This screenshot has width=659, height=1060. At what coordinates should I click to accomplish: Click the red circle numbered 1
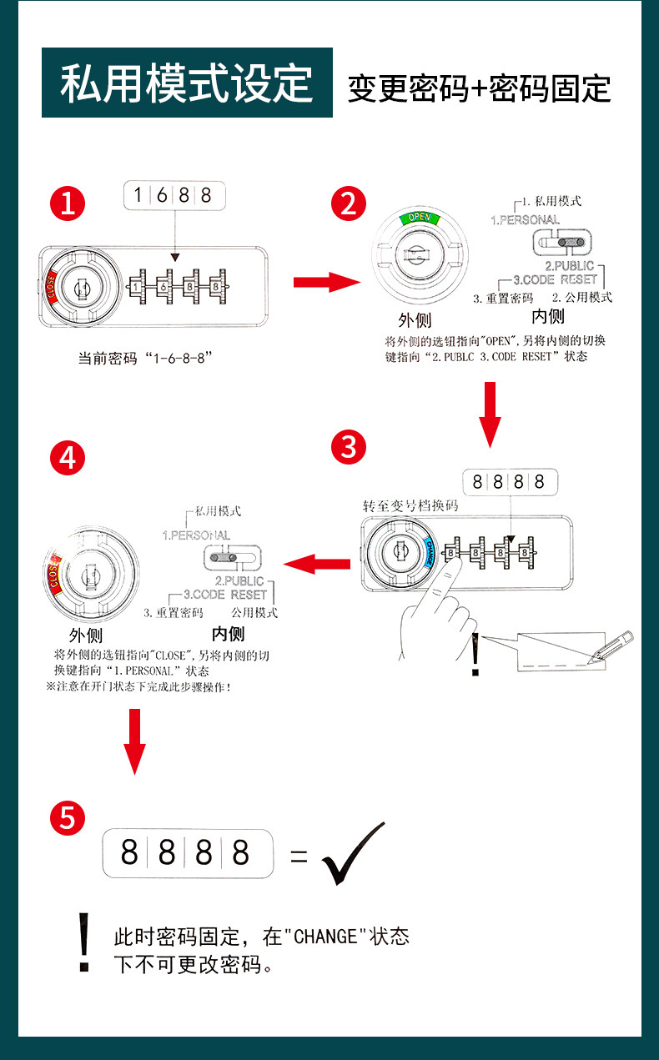(68, 203)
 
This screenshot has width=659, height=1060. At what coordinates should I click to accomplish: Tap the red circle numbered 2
(349, 203)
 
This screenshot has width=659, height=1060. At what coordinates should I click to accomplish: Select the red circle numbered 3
(349, 447)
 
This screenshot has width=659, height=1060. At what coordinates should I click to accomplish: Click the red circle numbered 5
(68, 818)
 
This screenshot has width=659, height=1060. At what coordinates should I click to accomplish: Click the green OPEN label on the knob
(420, 219)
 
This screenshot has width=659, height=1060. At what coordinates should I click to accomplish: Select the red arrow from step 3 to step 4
(317, 565)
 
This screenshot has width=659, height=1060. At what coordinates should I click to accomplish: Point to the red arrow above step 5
(135, 739)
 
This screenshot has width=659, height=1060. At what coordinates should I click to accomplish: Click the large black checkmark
(353, 853)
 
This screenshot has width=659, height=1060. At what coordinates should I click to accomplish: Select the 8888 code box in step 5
(188, 853)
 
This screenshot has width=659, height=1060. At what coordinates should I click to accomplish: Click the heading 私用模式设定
(187, 83)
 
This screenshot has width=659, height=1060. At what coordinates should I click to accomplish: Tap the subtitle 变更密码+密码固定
(479, 88)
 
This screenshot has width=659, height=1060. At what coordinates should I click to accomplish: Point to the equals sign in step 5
(299, 856)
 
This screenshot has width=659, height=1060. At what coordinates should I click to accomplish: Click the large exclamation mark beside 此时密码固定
(83, 942)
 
